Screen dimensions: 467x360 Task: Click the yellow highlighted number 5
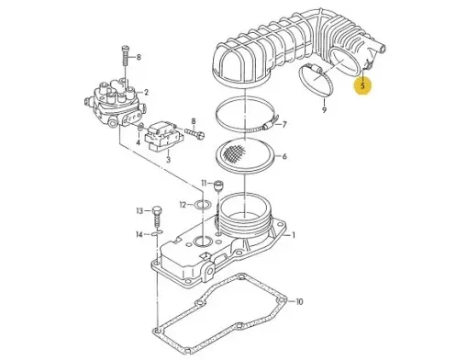click(x=362, y=85)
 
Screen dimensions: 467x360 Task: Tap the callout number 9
click(x=324, y=109)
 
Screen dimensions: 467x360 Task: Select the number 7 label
click(x=284, y=125)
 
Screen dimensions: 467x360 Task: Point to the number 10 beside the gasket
click(x=299, y=302)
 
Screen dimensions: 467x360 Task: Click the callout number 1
click(x=294, y=235)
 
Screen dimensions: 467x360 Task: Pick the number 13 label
click(x=139, y=211)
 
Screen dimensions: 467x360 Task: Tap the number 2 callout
click(x=146, y=92)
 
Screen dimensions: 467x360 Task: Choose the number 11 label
click(x=204, y=184)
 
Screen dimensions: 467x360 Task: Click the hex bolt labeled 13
click(x=157, y=218)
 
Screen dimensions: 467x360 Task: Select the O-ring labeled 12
click(x=203, y=204)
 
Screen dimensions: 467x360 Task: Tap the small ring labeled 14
click(x=157, y=234)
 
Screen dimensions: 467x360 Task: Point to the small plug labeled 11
click(x=219, y=186)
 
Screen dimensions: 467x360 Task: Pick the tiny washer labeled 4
click(x=140, y=127)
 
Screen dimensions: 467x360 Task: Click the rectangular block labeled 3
click(x=163, y=135)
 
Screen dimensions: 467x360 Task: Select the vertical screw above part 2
click(x=125, y=55)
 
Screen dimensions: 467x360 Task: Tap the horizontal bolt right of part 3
click(x=194, y=133)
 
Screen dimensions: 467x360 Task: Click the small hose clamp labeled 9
click(x=316, y=79)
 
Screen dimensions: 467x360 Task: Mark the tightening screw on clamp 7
click(x=269, y=125)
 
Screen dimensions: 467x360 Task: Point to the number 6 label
click(x=284, y=156)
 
